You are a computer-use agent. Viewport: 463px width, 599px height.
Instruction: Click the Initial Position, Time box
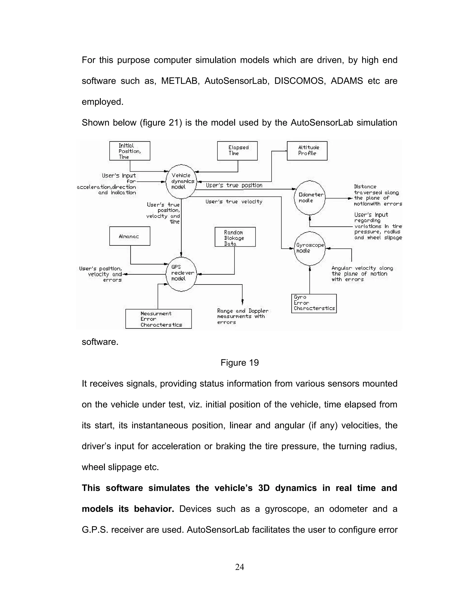pos(130,151)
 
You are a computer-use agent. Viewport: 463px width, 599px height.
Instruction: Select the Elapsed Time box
pos(237,151)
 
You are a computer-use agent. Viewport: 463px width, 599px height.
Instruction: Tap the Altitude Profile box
pos(307,151)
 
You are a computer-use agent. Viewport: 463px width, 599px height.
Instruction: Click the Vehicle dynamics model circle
pos(181,181)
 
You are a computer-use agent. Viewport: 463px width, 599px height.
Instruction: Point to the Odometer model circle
pos(309,198)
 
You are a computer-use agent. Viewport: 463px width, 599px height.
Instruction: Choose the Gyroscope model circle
pos(309,248)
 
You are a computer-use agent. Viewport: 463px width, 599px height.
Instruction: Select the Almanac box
pos(130,236)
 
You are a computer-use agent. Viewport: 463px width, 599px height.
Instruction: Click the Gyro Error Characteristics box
pos(314,303)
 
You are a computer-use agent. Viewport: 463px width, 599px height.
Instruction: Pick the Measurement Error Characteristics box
pos(158,319)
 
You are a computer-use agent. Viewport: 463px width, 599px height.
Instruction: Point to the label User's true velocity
pos(234,202)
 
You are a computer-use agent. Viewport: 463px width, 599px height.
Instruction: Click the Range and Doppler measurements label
pos(243,316)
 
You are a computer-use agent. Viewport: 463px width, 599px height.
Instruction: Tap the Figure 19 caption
pos(239,363)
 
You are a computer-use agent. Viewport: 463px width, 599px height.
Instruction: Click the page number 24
pos(239,567)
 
